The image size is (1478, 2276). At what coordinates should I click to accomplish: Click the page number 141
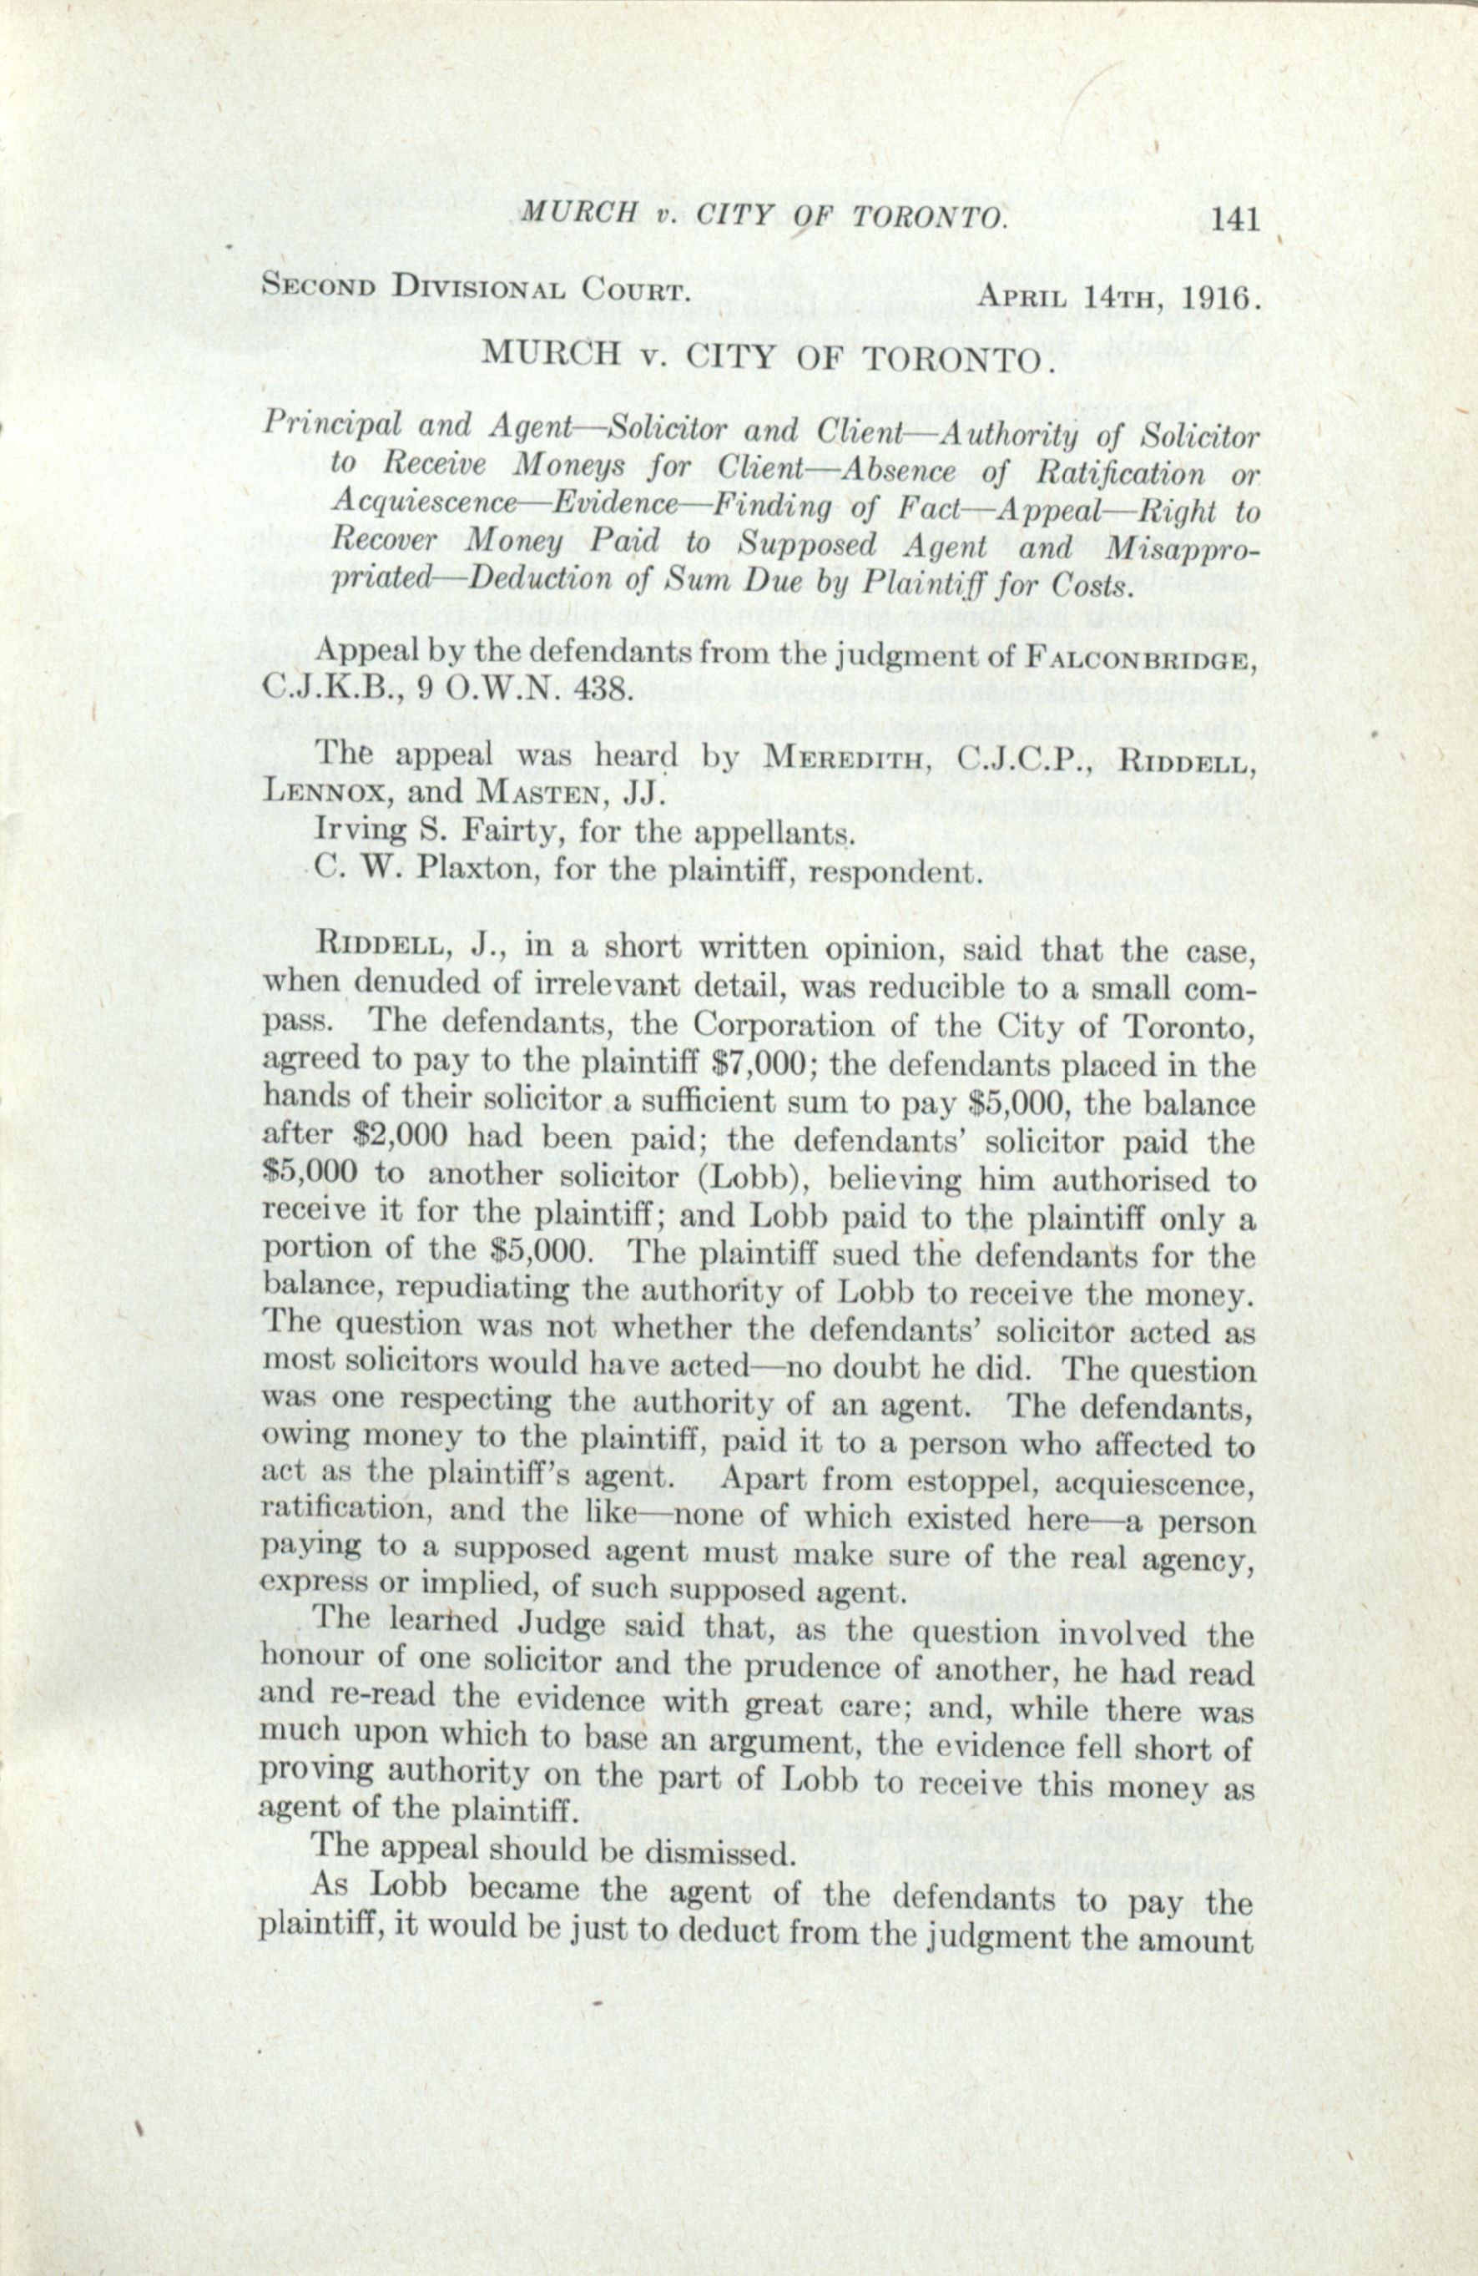coord(1234,220)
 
